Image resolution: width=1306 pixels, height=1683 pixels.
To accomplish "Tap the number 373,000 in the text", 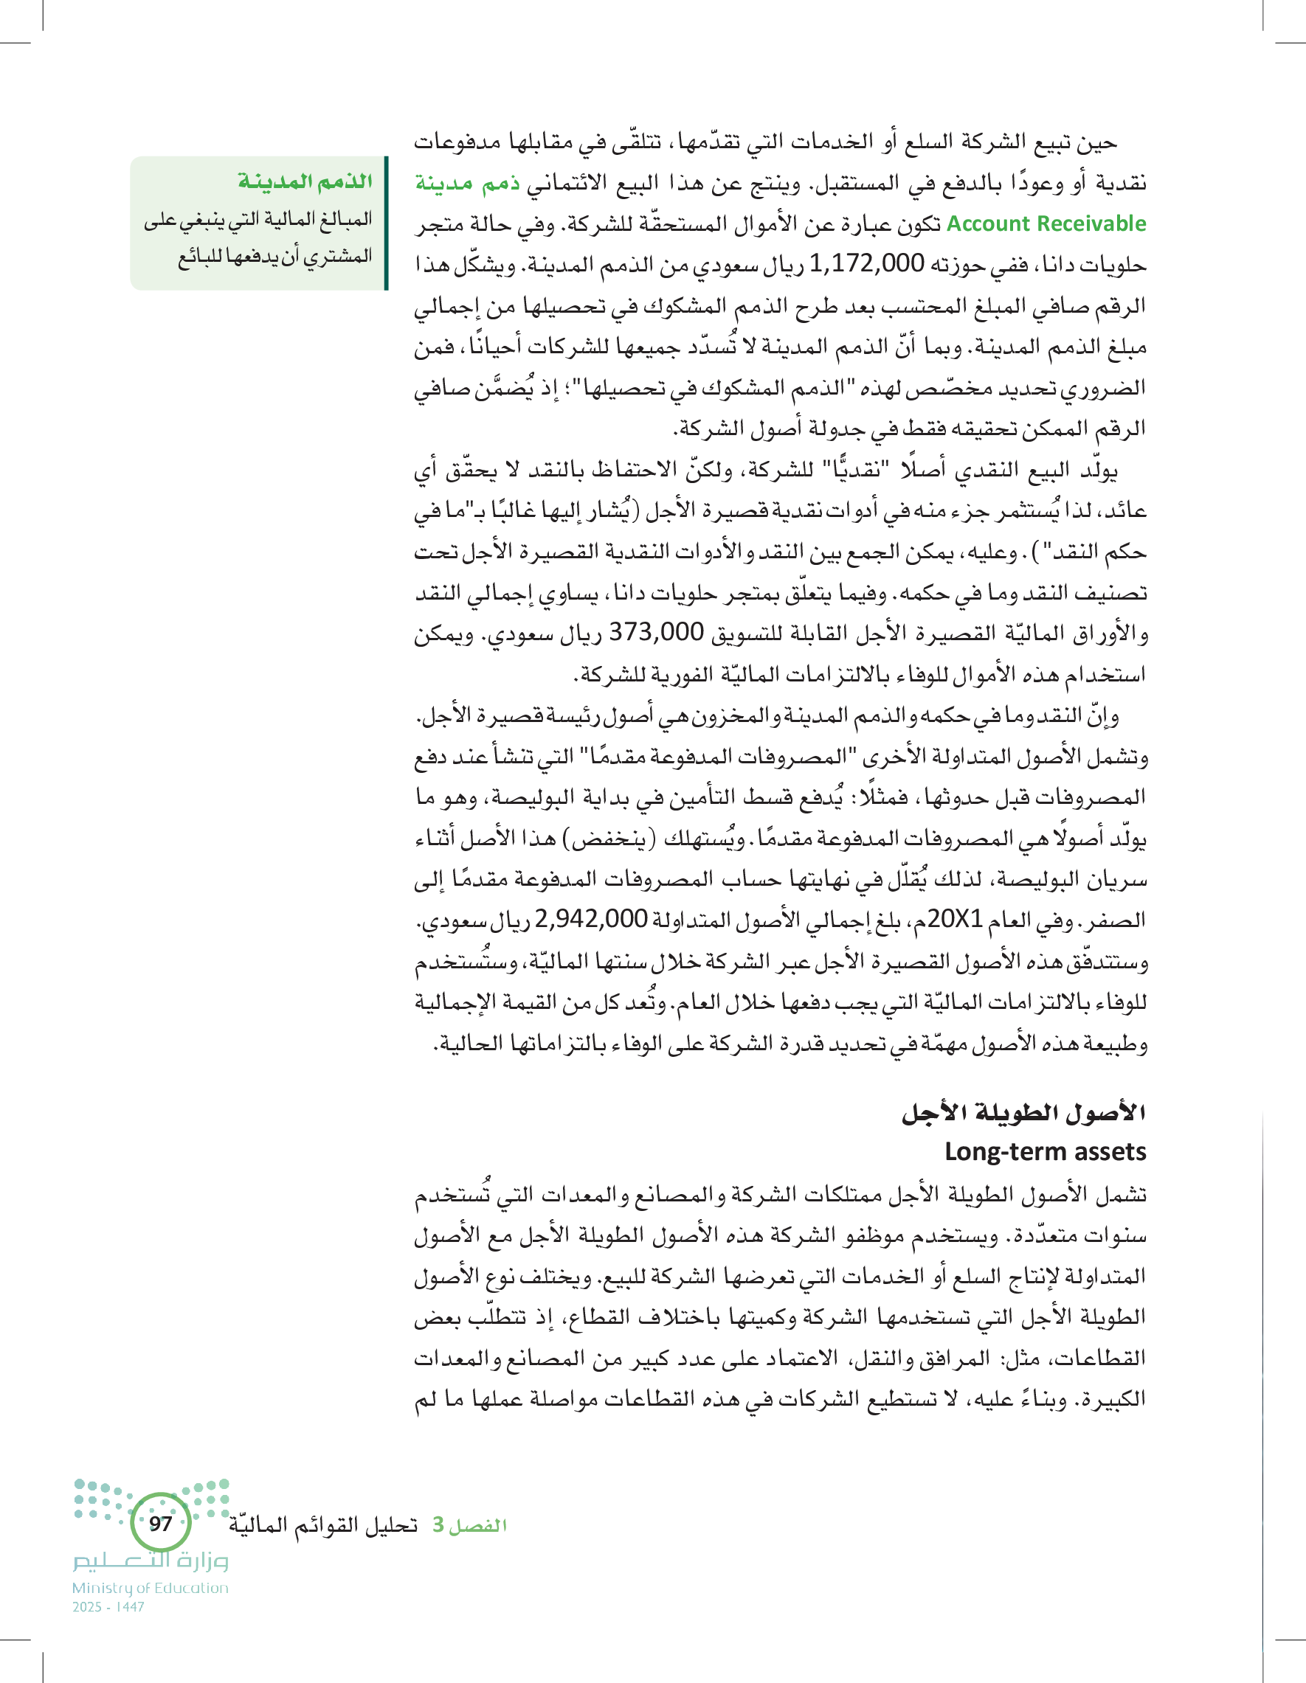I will point(656,632).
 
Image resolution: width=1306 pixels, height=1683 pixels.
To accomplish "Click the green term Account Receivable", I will point(1046,223).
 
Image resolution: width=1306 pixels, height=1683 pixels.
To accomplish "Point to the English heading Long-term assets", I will point(1046,1151).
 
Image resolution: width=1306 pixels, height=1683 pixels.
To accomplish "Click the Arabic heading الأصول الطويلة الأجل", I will point(1024,1112).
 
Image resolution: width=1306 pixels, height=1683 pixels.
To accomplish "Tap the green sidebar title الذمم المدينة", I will point(305,181).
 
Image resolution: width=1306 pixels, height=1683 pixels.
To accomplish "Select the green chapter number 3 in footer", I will point(438,1524).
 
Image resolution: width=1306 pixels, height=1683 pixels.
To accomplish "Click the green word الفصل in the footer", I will point(478,1525).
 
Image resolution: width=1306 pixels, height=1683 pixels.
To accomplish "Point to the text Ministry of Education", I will point(151,1587).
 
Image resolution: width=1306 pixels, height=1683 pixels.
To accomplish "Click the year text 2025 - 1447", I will point(108,1607).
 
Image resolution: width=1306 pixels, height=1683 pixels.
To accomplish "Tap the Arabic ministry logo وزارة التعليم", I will point(151,1561).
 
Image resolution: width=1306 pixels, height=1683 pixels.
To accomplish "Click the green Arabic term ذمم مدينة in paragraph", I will point(467,184).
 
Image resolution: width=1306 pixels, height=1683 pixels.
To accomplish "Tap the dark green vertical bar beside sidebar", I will point(385,223).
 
